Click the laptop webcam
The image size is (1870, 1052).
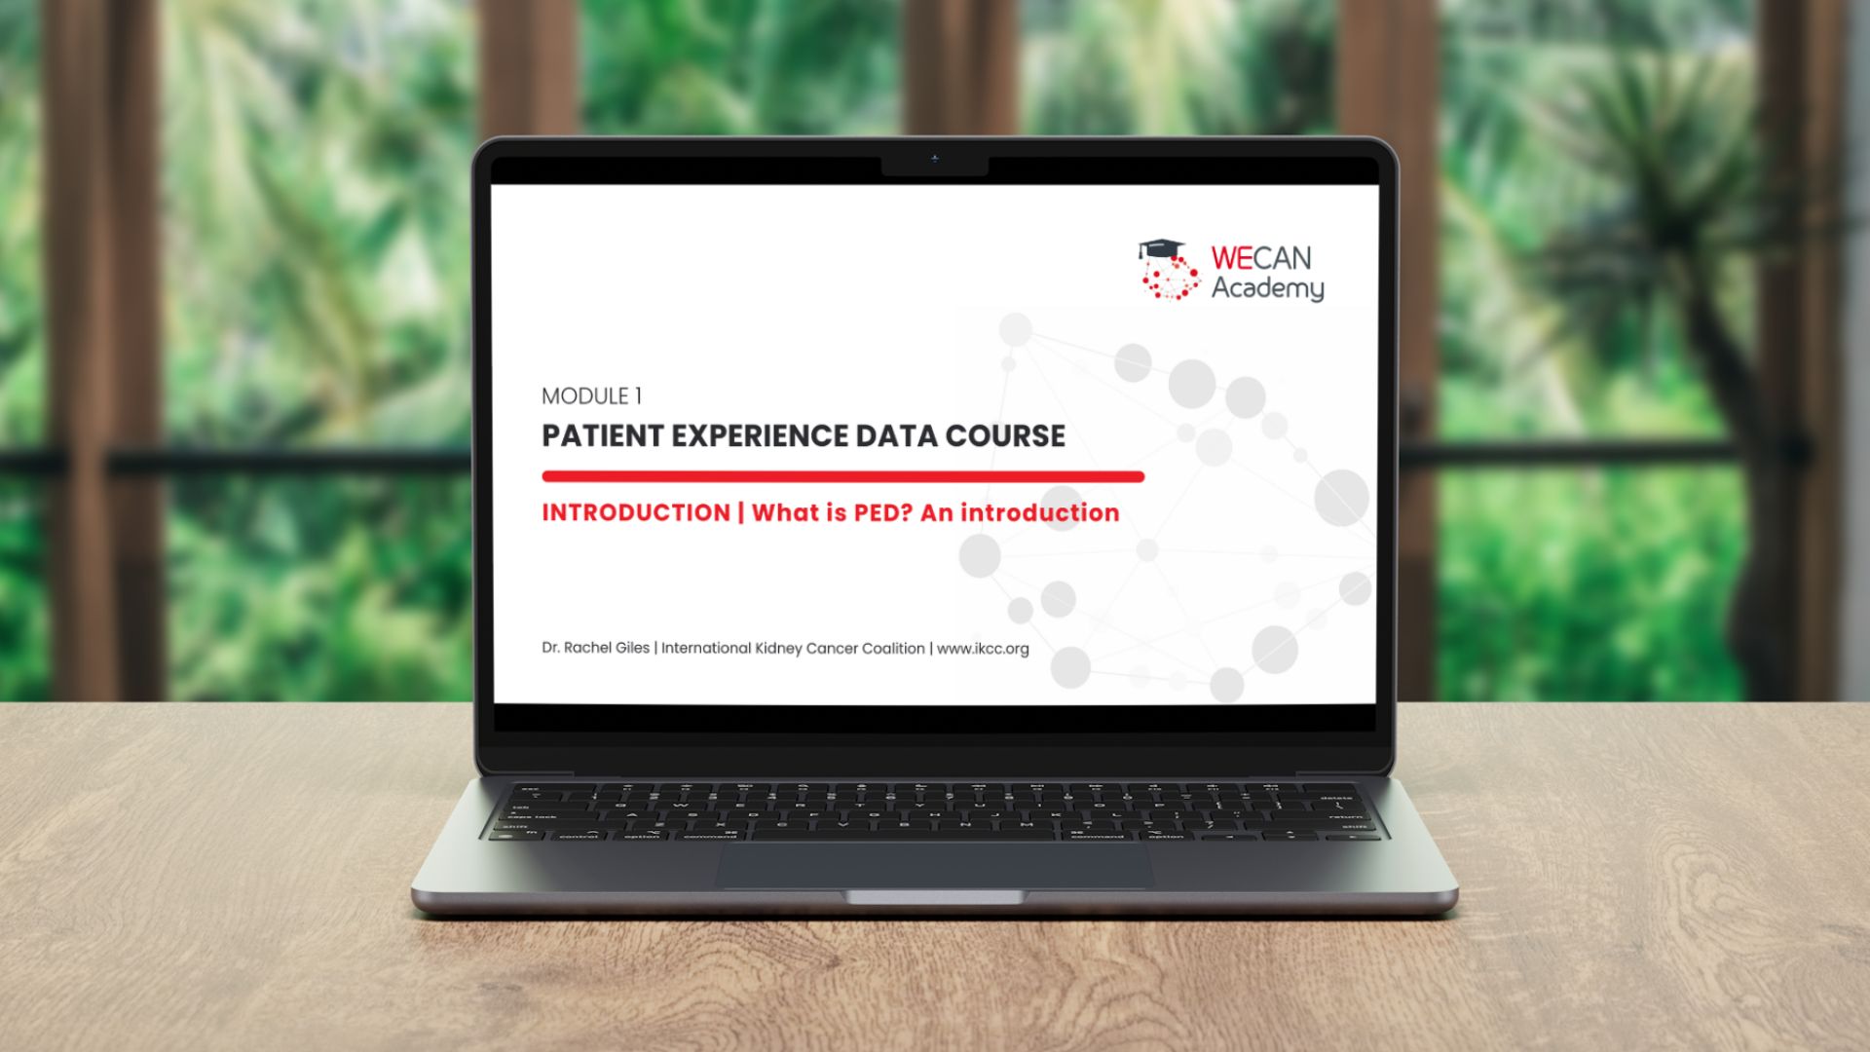934,158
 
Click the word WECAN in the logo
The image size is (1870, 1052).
1261,258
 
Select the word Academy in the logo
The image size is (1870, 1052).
1267,288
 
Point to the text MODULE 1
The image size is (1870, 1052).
591,396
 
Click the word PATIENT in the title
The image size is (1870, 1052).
602,435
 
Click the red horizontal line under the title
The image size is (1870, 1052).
842,476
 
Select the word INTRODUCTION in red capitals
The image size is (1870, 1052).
636,512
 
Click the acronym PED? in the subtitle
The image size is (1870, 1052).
882,512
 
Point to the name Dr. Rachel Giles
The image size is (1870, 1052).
595,648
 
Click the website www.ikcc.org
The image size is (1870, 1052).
983,649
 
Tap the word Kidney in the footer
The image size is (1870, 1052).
778,649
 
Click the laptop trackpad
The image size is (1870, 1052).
934,865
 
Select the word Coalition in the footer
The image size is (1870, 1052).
893,648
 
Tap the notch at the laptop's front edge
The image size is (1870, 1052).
934,896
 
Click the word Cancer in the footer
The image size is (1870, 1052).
832,649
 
